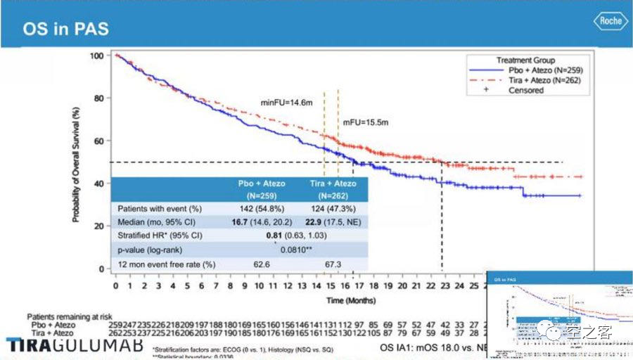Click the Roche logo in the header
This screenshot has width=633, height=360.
[x=610, y=21]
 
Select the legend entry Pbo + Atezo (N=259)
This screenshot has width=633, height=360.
[x=545, y=70]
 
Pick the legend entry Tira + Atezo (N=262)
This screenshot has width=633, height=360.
[x=545, y=80]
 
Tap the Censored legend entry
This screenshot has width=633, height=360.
[x=525, y=90]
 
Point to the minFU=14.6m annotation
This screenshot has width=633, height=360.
[x=286, y=102]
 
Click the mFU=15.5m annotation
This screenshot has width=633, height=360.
[x=366, y=123]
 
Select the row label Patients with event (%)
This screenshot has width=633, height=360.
[x=160, y=209]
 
